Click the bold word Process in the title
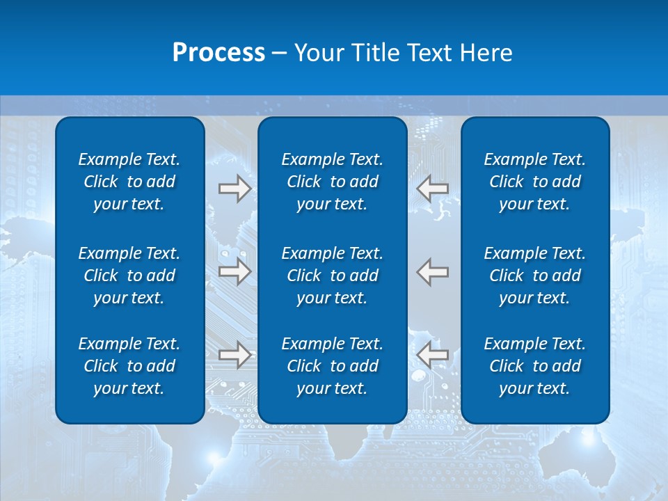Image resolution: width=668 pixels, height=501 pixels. (218, 53)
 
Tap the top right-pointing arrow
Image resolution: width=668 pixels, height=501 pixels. (235, 188)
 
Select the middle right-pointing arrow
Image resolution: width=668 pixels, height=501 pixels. (235, 271)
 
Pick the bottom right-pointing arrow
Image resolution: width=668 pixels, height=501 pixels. (235, 355)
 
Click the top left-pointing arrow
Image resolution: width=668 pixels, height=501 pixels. (433, 188)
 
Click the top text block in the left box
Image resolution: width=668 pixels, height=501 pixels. (129, 182)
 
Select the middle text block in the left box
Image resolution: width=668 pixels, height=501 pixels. (129, 276)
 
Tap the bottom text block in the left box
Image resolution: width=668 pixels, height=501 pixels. (129, 366)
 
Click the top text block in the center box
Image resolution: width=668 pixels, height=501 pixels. (333, 182)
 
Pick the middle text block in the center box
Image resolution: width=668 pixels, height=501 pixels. (333, 276)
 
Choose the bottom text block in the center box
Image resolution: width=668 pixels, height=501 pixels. (333, 366)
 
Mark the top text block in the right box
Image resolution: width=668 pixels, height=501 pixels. (535, 182)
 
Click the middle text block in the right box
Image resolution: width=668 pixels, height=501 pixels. (535, 276)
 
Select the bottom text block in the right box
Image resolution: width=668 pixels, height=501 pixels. (535, 366)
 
